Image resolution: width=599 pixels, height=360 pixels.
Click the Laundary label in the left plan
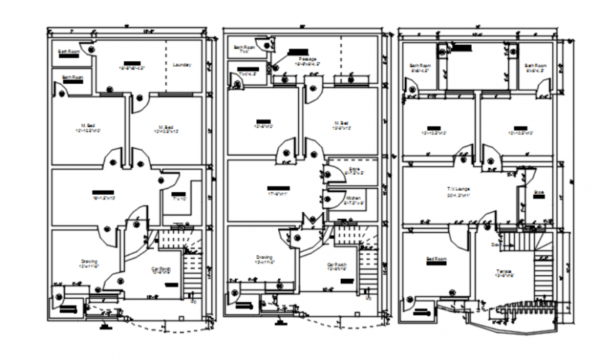pyautogui.click(x=182, y=65)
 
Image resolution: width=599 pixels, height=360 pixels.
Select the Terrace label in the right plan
pyautogui.click(x=503, y=271)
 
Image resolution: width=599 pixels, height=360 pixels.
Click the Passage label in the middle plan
pyautogui.click(x=308, y=59)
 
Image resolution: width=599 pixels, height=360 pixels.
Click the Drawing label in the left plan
pyautogui.click(x=88, y=261)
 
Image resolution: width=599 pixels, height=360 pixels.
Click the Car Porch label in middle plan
pyautogui.click(x=337, y=264)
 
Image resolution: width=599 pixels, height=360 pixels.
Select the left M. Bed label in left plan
pyautogui.click(x=87, y=125)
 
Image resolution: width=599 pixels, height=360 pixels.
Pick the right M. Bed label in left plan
pyautogui.click(x=165, y=127)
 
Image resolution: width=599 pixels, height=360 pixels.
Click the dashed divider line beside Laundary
pyautogui.click(x=165, y=65)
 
